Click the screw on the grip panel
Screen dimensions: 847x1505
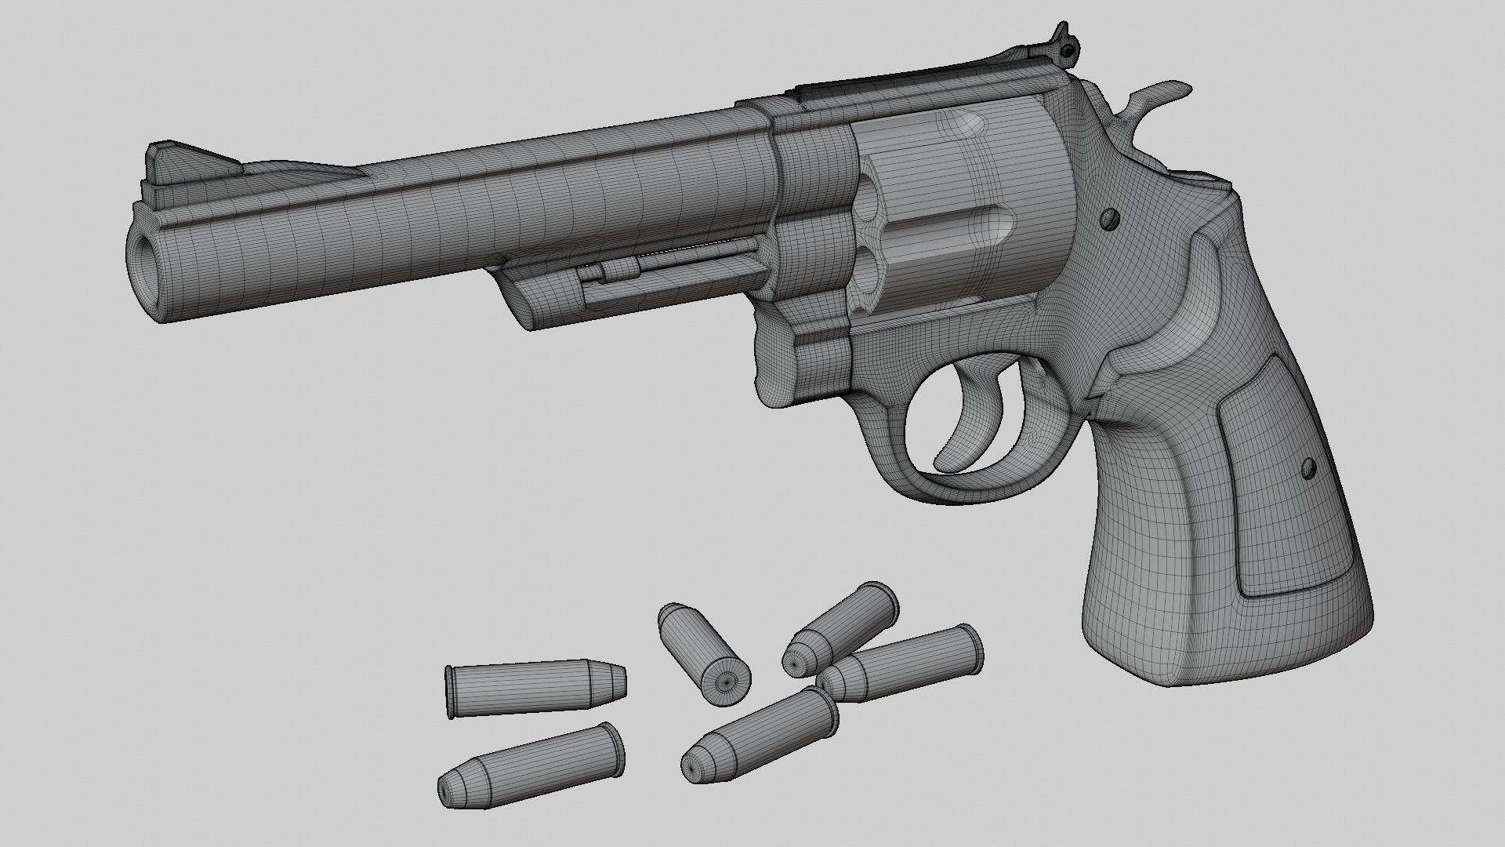point(1307,468)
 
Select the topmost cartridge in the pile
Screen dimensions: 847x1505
point(843,627)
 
